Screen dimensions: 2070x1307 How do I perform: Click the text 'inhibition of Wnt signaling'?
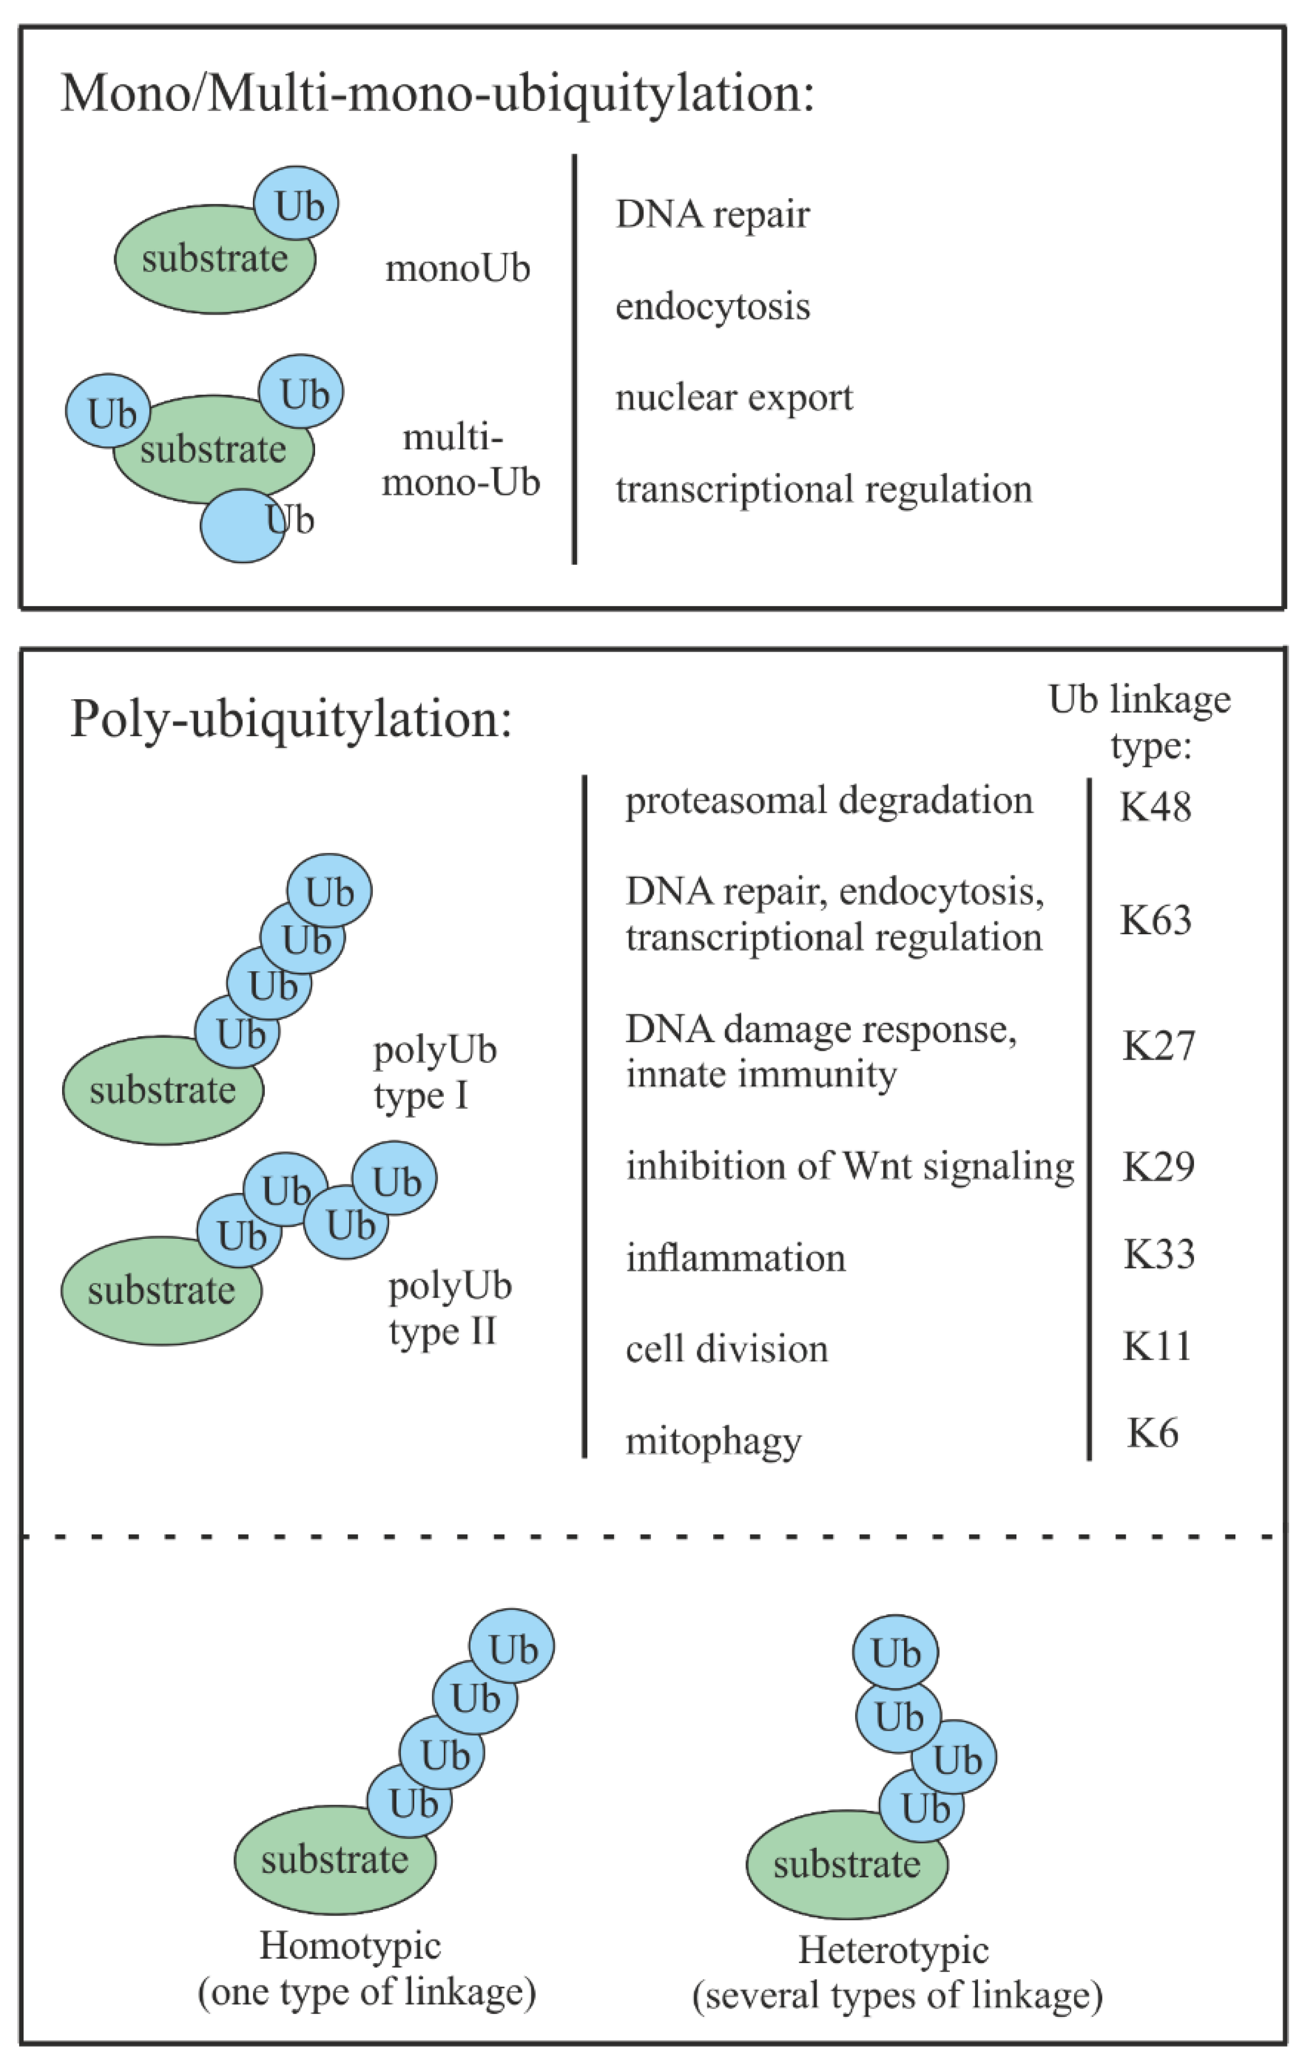850,1167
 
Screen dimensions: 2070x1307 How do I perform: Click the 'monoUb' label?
457,269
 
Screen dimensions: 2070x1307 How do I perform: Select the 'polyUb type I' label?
434,1072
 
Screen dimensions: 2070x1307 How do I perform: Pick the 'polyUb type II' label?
449,1308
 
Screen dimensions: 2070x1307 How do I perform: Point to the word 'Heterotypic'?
893,1950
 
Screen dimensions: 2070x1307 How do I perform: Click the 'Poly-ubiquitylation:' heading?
291,719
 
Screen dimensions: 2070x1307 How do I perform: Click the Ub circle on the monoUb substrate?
296,204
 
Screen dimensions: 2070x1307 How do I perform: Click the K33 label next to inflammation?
1158,1254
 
